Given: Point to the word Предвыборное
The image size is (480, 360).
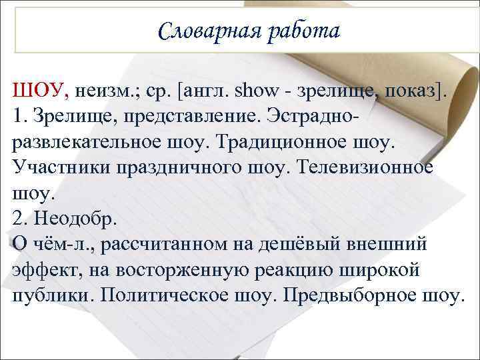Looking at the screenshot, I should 353,295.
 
